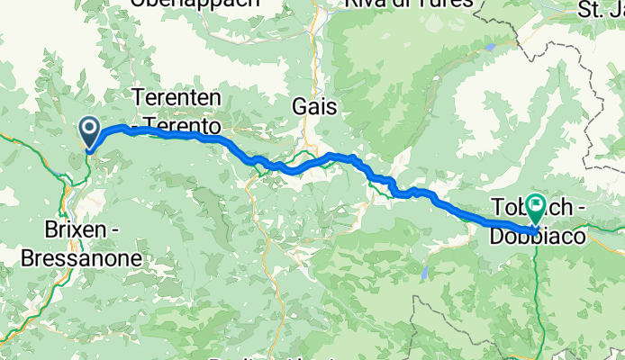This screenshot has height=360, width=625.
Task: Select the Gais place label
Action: click(314, 107)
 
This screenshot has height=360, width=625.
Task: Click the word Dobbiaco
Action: click(534, 236)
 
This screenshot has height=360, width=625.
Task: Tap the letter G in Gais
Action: click(299, 107)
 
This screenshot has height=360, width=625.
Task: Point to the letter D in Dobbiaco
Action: click(498, 236)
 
